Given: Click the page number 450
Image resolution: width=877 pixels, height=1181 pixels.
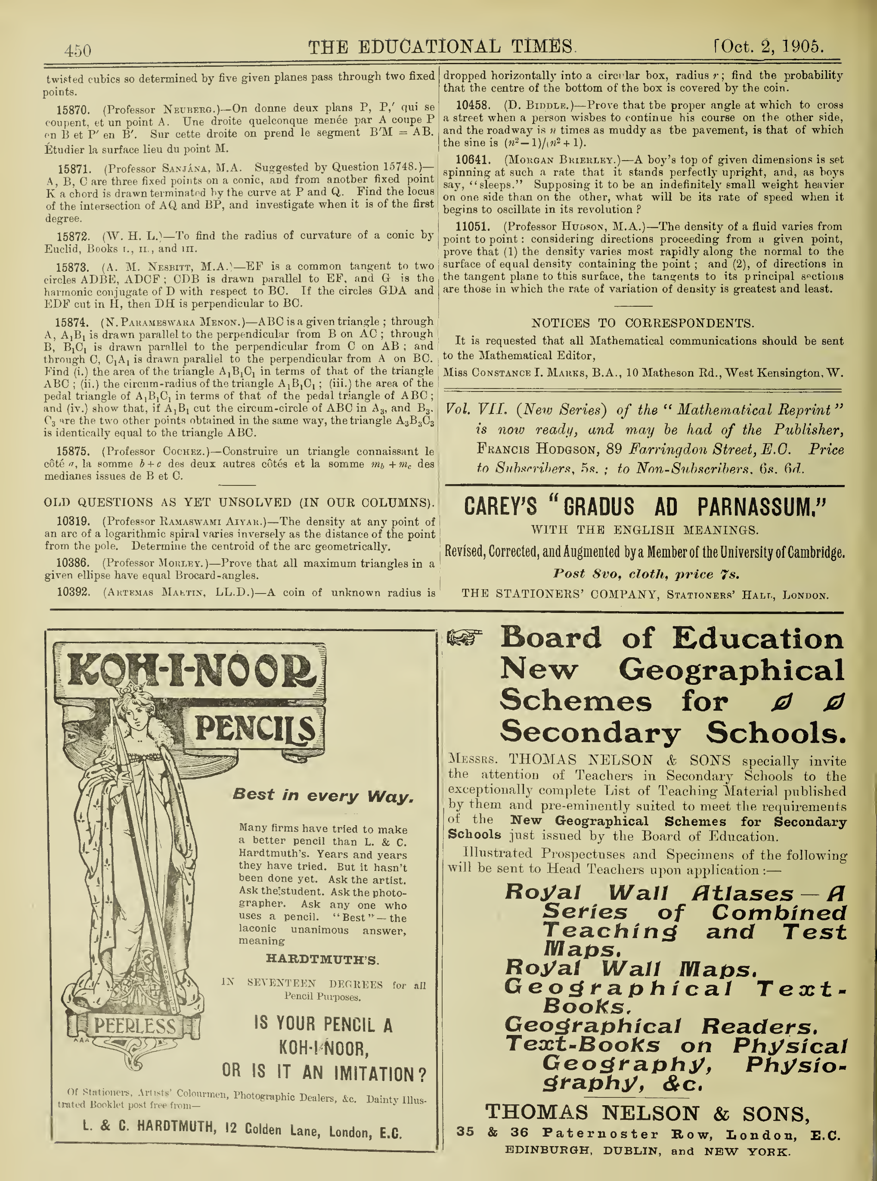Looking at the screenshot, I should pyautogui.click(x=77, y=50).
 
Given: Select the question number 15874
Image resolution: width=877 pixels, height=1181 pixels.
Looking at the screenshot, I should pyautogui.click(x=71, y=322).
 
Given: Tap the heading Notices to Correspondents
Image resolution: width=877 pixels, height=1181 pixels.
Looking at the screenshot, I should pyautogui.click(x=642, y=323).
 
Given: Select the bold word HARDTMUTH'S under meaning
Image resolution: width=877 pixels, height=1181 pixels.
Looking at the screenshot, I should pyautogui.click(x=322, y=960).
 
